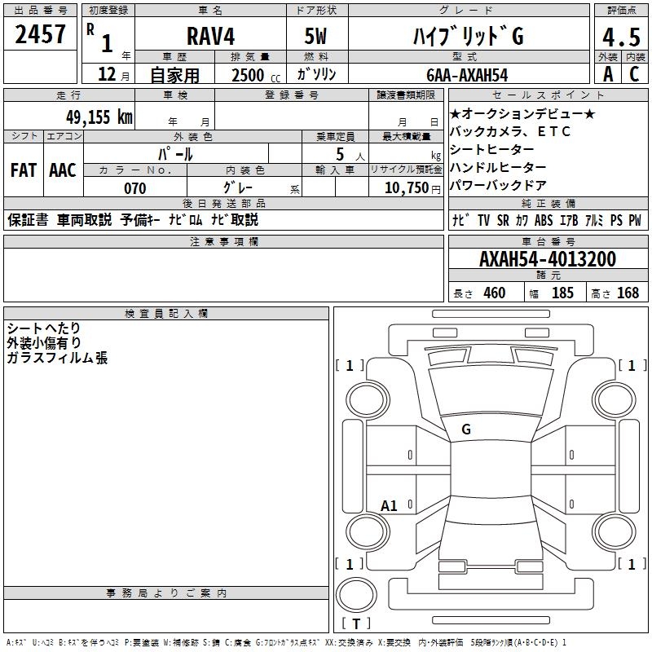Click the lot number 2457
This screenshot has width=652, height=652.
(x=41, y=34)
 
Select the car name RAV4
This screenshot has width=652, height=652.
(x=210, y=36)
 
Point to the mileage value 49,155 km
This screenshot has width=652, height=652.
(x=88, y=117)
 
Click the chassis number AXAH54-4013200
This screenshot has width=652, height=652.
(x=548, y=260)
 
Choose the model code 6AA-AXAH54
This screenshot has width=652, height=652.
(x=467, y=75)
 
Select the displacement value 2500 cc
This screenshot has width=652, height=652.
(x=249, y=75)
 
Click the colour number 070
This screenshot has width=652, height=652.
(x=134, y=188)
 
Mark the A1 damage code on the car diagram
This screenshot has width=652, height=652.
(x=390, y=506)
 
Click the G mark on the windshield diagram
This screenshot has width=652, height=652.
(x=466, y=430)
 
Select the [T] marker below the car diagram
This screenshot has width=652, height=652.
(x=356, y=623)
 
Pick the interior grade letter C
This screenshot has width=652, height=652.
(x=634, y=74)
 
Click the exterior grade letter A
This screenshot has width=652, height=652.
(x=607, y=74)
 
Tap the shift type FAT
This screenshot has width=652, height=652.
(x=24, y=170)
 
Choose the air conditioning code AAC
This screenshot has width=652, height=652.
(x=63, y=170)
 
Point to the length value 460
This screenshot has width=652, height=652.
(x=495, y=293)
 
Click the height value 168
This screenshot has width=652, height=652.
(x=628, y=293)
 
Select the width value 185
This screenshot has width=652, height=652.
(x=562, y=293)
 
